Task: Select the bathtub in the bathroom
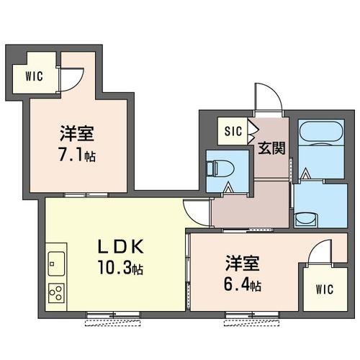pyautogui.click(x=322, y=132)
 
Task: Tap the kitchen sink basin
pyautogui.click(x=56, y=264)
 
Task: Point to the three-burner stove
pyautogui.click(x=56, y=293)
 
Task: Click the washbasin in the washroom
pyautogui.click(x=307, y=220)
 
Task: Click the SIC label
pyautogui.click(x=233, y=131)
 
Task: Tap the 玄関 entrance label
pyautogui.click(x=271, y=148)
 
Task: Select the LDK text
pyautogui.click(x=121, y=246)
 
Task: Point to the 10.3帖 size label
pyautogui.click(x=120, y=268)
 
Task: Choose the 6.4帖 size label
pyautogui.click(x=243, y=284)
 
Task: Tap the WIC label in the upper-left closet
pyautogui.click(x=34, y=76)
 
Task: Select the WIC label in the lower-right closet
pyautogui.click(x=325, y=289)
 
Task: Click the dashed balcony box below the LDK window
pyautogui.click(x=113, y=323)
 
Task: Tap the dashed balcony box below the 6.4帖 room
pyautogui.click(x=252, y=323)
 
